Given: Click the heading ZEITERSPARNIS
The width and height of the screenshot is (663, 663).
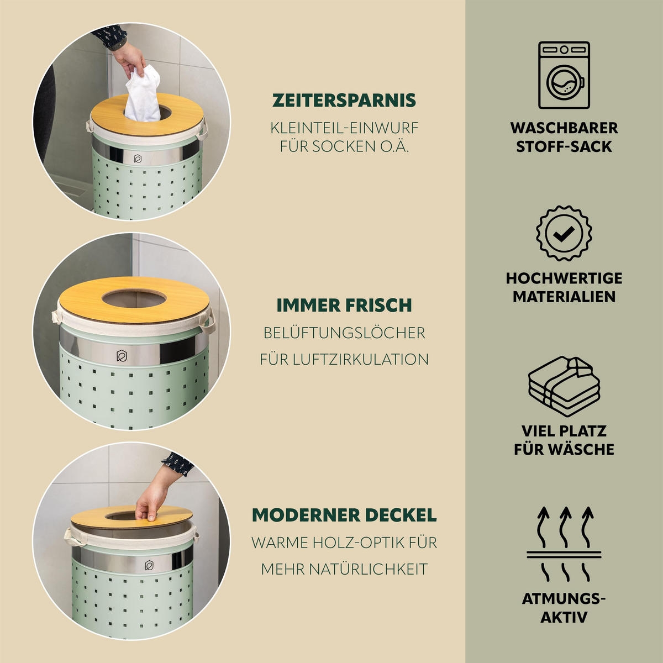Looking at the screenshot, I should (344, 101).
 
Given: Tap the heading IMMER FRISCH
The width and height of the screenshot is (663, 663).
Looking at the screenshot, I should (344, 306).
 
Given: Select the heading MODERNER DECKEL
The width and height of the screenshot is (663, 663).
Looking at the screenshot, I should (344, 515).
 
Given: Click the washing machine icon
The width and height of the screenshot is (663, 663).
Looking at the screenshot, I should (564, 75).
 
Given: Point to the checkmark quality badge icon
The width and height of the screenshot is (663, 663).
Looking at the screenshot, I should (564, 234).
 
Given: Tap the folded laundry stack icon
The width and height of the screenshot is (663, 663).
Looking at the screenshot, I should (564, 386).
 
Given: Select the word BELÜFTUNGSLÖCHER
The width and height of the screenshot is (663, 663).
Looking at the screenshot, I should (344, 333).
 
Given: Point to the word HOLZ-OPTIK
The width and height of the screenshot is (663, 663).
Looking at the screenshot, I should (359, 543).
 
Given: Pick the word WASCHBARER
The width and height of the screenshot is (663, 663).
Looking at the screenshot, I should (564, 128).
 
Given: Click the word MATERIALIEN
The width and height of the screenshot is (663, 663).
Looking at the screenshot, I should (564, 297).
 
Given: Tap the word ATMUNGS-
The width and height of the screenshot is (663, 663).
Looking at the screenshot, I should (564, 599).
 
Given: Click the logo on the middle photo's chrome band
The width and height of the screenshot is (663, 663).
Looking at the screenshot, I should (122, 356).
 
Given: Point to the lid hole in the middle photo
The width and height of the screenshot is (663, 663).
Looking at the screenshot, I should (133, 300).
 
